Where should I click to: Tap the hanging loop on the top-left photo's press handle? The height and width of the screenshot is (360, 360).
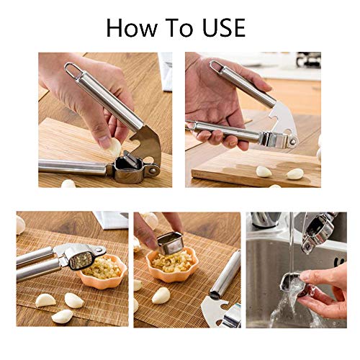click(x=71, y=70)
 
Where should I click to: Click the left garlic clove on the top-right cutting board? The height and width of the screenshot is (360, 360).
click(x=264, y=171)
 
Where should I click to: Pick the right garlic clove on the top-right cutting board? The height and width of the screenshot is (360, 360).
click(x=295, y=174)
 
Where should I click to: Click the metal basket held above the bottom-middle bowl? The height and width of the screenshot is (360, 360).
click(x=171, y=242)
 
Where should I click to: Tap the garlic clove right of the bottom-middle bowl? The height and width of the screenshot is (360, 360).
click(x=161, y=295)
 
